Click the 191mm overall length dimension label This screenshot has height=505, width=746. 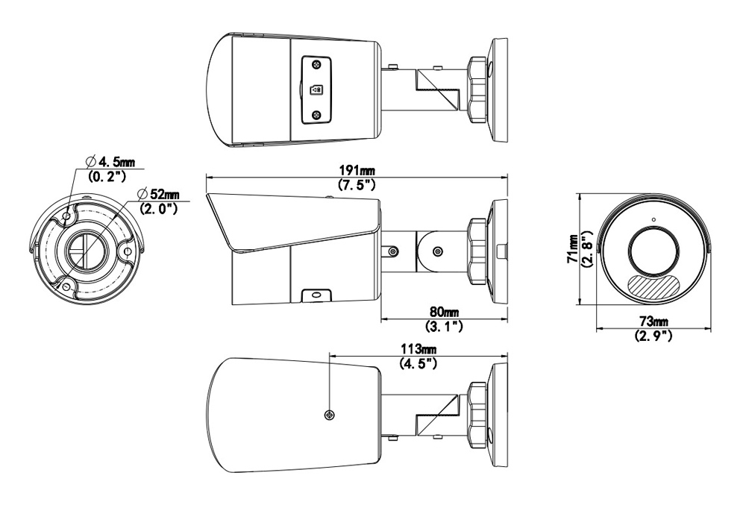click(x=356, y=170)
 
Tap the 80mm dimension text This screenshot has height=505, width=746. click(x=444, y=313)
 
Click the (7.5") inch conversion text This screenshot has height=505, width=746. click(x=356, y=184)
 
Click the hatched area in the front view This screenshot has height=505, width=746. click(x=653, y=284)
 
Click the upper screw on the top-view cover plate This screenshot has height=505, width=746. click(x=318, y=65)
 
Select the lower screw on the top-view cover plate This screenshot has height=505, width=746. click(x=318, y=114)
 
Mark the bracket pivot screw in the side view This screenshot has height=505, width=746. click(x=436, y=251)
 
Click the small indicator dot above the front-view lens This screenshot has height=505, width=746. click(x=653, y=219)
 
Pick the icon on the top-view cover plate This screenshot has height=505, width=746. click(x=317, y=89)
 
